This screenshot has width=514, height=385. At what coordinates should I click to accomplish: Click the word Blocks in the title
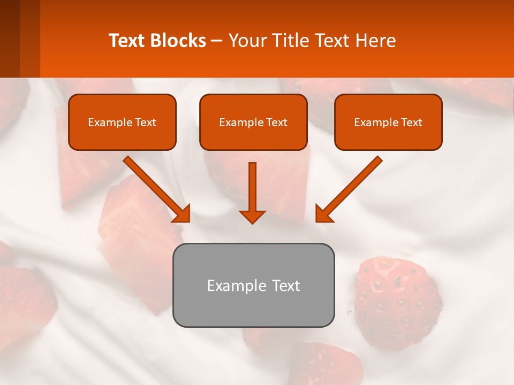click(178, 41)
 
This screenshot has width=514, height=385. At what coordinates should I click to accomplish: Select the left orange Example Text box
click(122, 122)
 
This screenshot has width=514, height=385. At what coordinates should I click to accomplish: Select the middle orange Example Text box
click(253, 122)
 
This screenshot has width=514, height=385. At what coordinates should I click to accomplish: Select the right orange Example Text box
click(388, 122)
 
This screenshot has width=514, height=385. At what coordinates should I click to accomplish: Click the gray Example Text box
click(253, 285)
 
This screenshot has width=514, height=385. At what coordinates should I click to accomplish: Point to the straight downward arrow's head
click(252, 216)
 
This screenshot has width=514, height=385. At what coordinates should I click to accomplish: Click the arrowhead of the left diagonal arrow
click(182, 214)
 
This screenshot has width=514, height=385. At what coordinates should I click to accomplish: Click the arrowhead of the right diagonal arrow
click(323, 214)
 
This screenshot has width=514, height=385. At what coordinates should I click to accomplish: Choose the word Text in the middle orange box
click(277, 122)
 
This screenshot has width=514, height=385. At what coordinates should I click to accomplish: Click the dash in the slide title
click(217, 41)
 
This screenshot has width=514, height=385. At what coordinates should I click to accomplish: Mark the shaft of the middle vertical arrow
click(252, 184)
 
